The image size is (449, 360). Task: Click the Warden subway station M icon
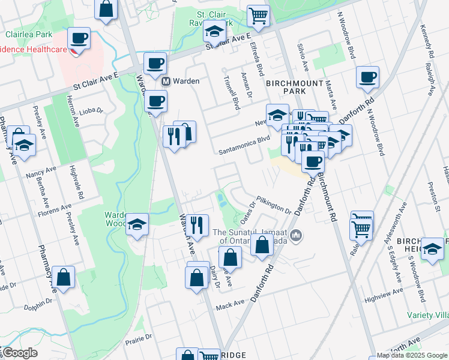[166, 81]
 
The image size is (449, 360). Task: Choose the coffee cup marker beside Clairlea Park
[79, 39]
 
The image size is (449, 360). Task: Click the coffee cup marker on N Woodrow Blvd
[367, 77]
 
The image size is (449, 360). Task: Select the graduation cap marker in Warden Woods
[137, 224]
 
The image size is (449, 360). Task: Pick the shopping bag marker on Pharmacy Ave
[63, 277]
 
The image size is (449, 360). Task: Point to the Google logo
[19, 353]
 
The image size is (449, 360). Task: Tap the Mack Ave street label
[231, 305]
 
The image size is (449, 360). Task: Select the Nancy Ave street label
[37, 175]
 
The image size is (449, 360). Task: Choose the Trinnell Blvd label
[231, 92]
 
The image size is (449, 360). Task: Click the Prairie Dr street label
[140, 339]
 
